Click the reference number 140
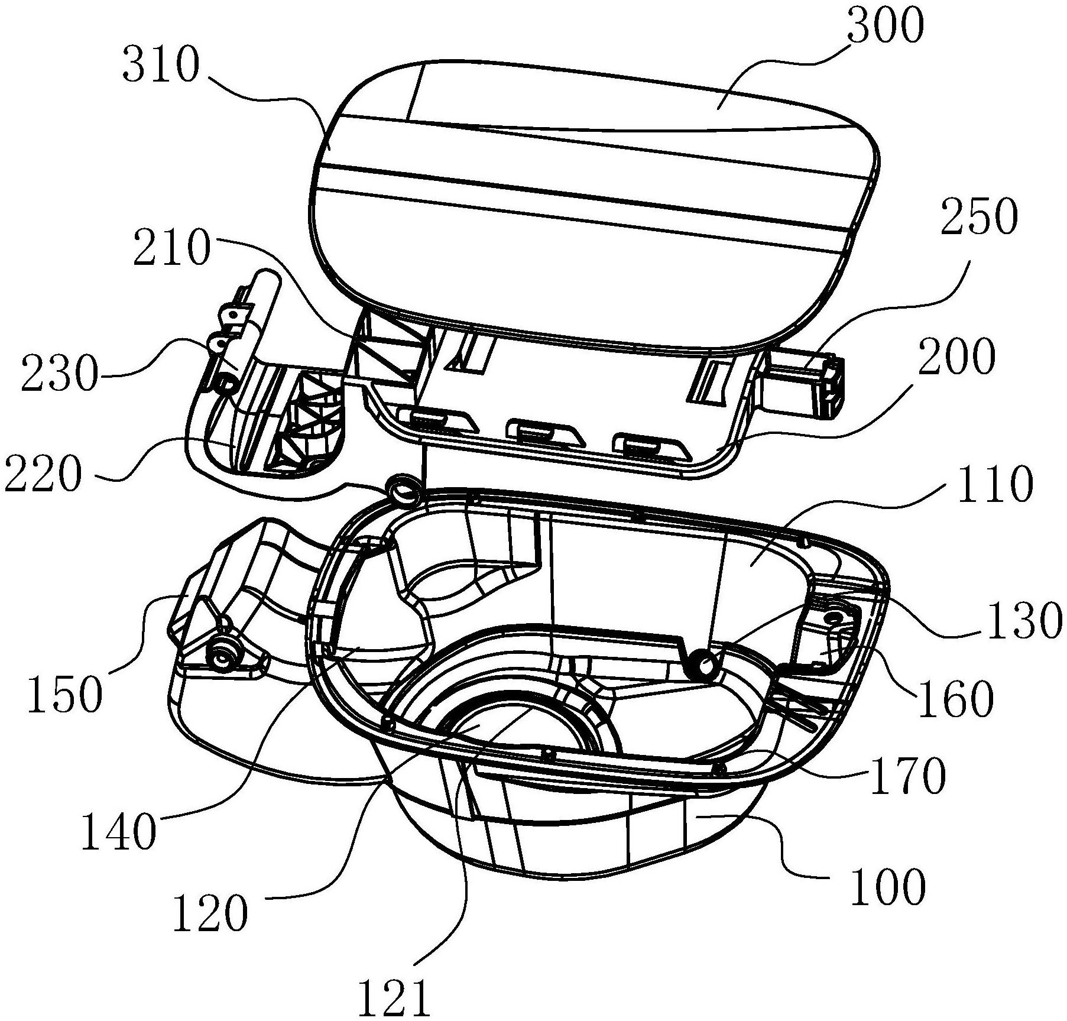118,831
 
